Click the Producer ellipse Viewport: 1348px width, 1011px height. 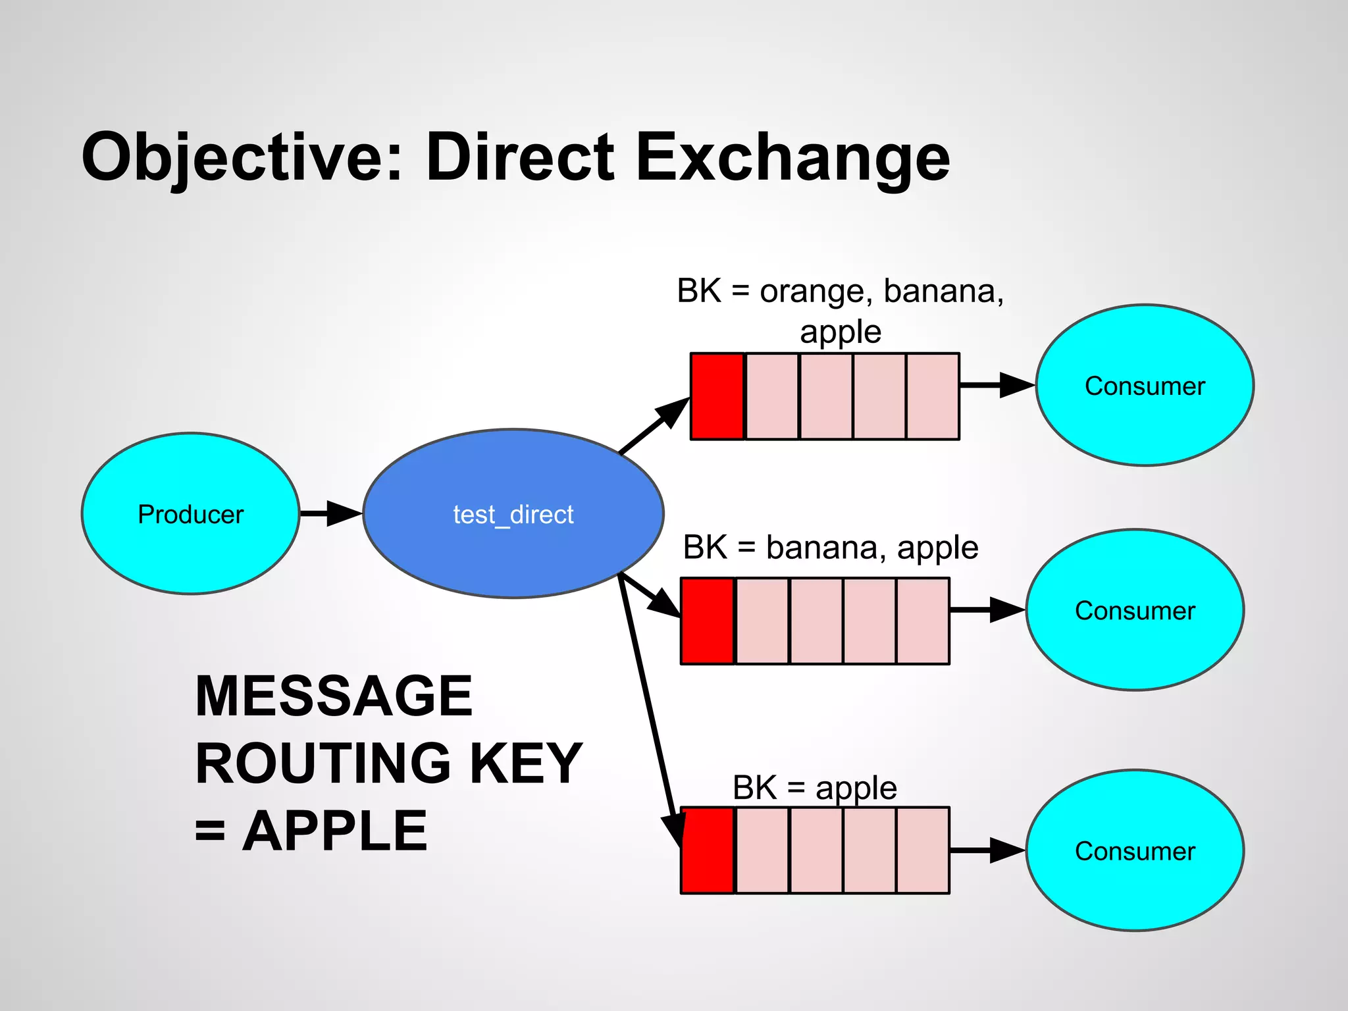tap(190, 513)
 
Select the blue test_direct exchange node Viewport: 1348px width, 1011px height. tap(513, 513)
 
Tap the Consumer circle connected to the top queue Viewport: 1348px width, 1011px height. tap(1145, 385)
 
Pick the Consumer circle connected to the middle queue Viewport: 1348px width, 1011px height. tap(1135, 610)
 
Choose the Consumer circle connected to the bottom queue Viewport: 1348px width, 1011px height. tap(1135, 850)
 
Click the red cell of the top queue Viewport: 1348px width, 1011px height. tap(717, 396)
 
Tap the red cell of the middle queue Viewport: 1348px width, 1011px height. tap(708, 621)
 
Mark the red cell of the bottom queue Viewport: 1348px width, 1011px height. tap(708, 850)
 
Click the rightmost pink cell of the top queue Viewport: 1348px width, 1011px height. tap(933, 396)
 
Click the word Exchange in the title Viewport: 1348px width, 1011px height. tap(792, 158)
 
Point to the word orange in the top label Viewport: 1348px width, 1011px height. tap(812, 291)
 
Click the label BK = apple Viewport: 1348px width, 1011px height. tap(814, 787)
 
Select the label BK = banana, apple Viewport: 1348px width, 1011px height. tap(830, 548)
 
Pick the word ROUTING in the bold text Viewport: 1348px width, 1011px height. tap(323, 764)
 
